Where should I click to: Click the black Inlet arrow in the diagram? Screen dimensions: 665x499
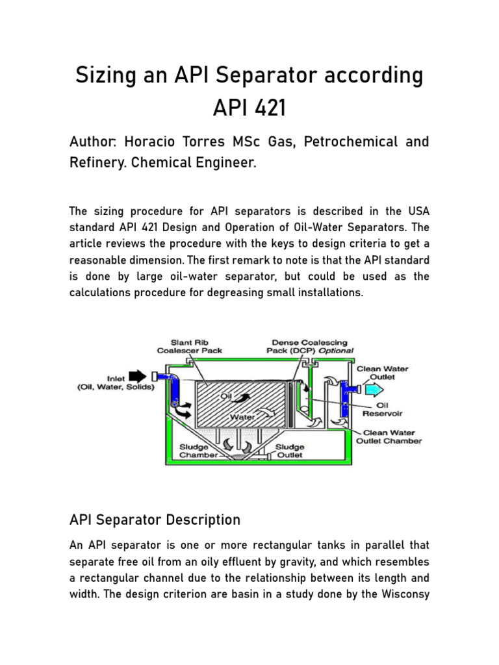click(138, 375)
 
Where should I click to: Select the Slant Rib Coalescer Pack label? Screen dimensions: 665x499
click(189, 346)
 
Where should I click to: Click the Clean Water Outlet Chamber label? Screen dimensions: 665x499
click(389, 436)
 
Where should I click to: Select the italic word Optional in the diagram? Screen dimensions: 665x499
click(337, 351)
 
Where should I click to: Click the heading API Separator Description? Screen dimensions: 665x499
click(155, 520)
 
